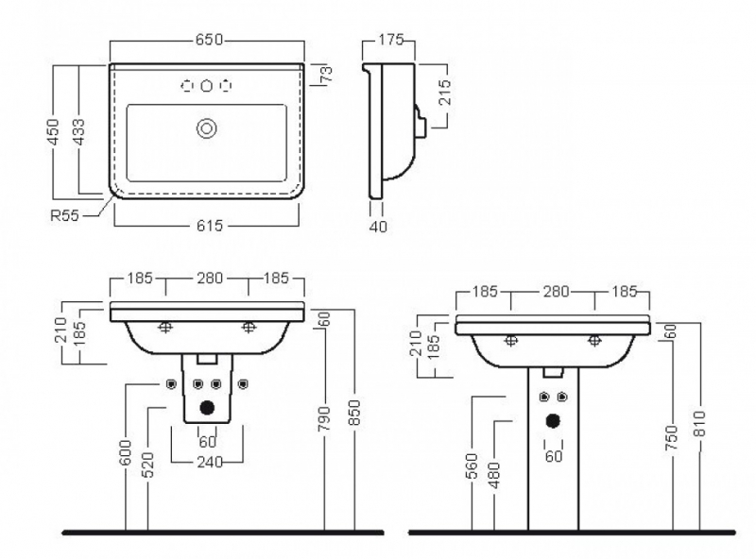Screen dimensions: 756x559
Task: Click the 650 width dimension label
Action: click(x=209, y=40)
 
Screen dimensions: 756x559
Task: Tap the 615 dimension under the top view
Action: click(x=210, y=226)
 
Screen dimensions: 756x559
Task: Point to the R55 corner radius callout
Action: click(x=64, y=215)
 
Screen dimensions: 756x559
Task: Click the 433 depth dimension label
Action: click(x=77, y=132)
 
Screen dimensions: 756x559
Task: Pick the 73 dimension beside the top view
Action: click(x=326, y=76)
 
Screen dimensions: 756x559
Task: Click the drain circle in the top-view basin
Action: click(x=207, y=128)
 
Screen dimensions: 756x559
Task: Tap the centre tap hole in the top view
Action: click(x=207, y=86)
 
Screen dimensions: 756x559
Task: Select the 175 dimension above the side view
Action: click(x=390, y=40)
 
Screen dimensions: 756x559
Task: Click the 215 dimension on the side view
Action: click(x=445, y=93)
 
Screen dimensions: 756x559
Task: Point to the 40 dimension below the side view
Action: click(x=378, y=226)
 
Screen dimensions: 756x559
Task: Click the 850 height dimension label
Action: click(x=354, y=413)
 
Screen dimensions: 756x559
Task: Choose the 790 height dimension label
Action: click(x=324, y=418)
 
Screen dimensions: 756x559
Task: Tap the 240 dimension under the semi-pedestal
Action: click(x=210, y=462)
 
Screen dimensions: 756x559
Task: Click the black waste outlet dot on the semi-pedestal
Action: click(x=207, y=408)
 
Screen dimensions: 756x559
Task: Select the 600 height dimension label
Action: click(x=125, y=452)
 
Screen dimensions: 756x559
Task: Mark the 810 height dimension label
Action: click(x=699, y=424)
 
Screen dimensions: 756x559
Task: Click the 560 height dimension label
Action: click(x=472, y=466)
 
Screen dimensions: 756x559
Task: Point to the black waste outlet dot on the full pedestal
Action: click(x=553, y=421)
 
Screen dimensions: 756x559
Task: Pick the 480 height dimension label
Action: click(x=494, y=476)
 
